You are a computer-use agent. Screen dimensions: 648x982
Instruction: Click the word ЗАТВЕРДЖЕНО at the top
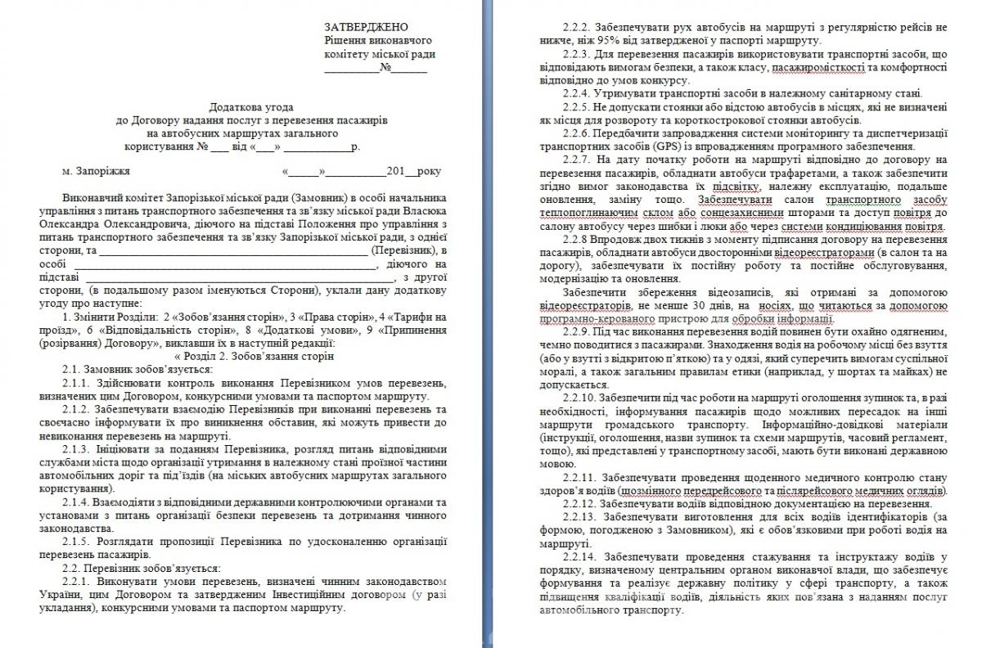click(x=366, y=27)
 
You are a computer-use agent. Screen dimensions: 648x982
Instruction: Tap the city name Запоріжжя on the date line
click(x=96, y=172)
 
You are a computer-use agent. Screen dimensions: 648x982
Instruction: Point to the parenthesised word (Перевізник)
click(x=404, y=250)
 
